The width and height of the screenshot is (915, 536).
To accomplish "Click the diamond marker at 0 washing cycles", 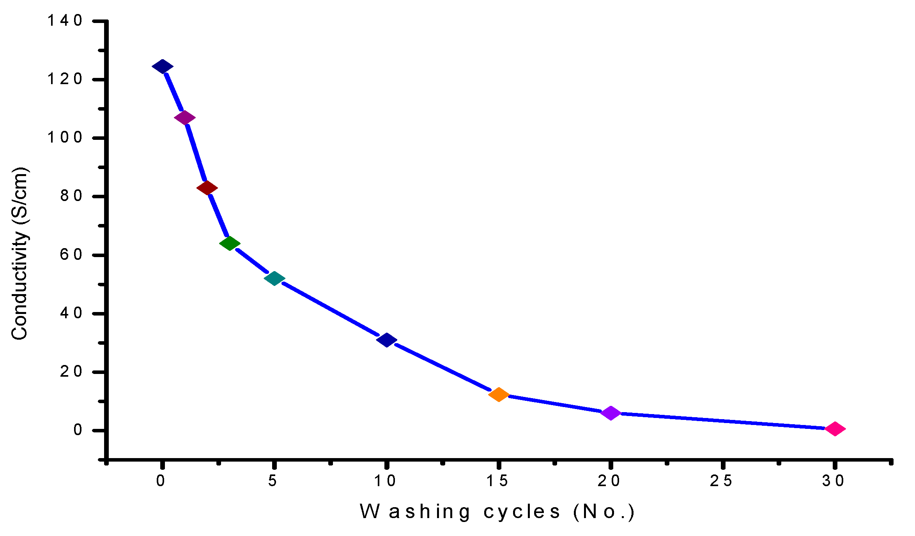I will pyautogui.click(x=163, y=67).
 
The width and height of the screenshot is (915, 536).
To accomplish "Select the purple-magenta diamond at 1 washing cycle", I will pyautogui.click(x=185, y=118).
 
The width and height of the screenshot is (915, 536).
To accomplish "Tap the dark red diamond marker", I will pyautogui.click(x=207, y=188).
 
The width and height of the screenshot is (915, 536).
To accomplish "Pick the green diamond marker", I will pyautogui.click(x=230, y=243).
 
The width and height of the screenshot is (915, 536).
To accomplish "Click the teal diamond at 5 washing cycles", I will pyautogui.click(x=274, y=279).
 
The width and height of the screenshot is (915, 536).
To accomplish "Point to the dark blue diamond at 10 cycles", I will pyautogui.click(x=387, y=340).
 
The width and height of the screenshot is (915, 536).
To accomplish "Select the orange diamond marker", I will pyautogui.click(x=499, y=395).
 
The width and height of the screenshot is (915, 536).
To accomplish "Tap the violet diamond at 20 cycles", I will pyautogui.click(x=611, y=413).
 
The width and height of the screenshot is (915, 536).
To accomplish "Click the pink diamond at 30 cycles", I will pyautogui.click(x=835, y=429).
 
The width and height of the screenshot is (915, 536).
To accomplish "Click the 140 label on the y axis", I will pyautogui.click(x=65, y=21).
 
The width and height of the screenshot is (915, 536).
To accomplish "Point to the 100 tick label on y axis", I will pyautogui.click(x=65, y=138).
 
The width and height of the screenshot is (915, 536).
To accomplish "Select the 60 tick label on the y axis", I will pyautogui.click(x=71, y=255).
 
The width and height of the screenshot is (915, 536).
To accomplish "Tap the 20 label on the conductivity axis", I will pyautogui.click(x=71, y=372).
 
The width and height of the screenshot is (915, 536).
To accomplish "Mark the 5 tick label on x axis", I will pyautogui.click(x=273, y=481).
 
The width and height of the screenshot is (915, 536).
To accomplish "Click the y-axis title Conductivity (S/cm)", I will pyautogui.click(x=19, y=253).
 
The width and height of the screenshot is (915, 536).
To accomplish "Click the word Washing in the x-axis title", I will pyautogui.click(x=415, y=512).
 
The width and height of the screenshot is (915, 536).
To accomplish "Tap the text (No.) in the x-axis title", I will pyautogui.click(x=604, y=512).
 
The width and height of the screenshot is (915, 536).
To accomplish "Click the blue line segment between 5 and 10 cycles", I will pyautogui.click(x=331, y=309).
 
